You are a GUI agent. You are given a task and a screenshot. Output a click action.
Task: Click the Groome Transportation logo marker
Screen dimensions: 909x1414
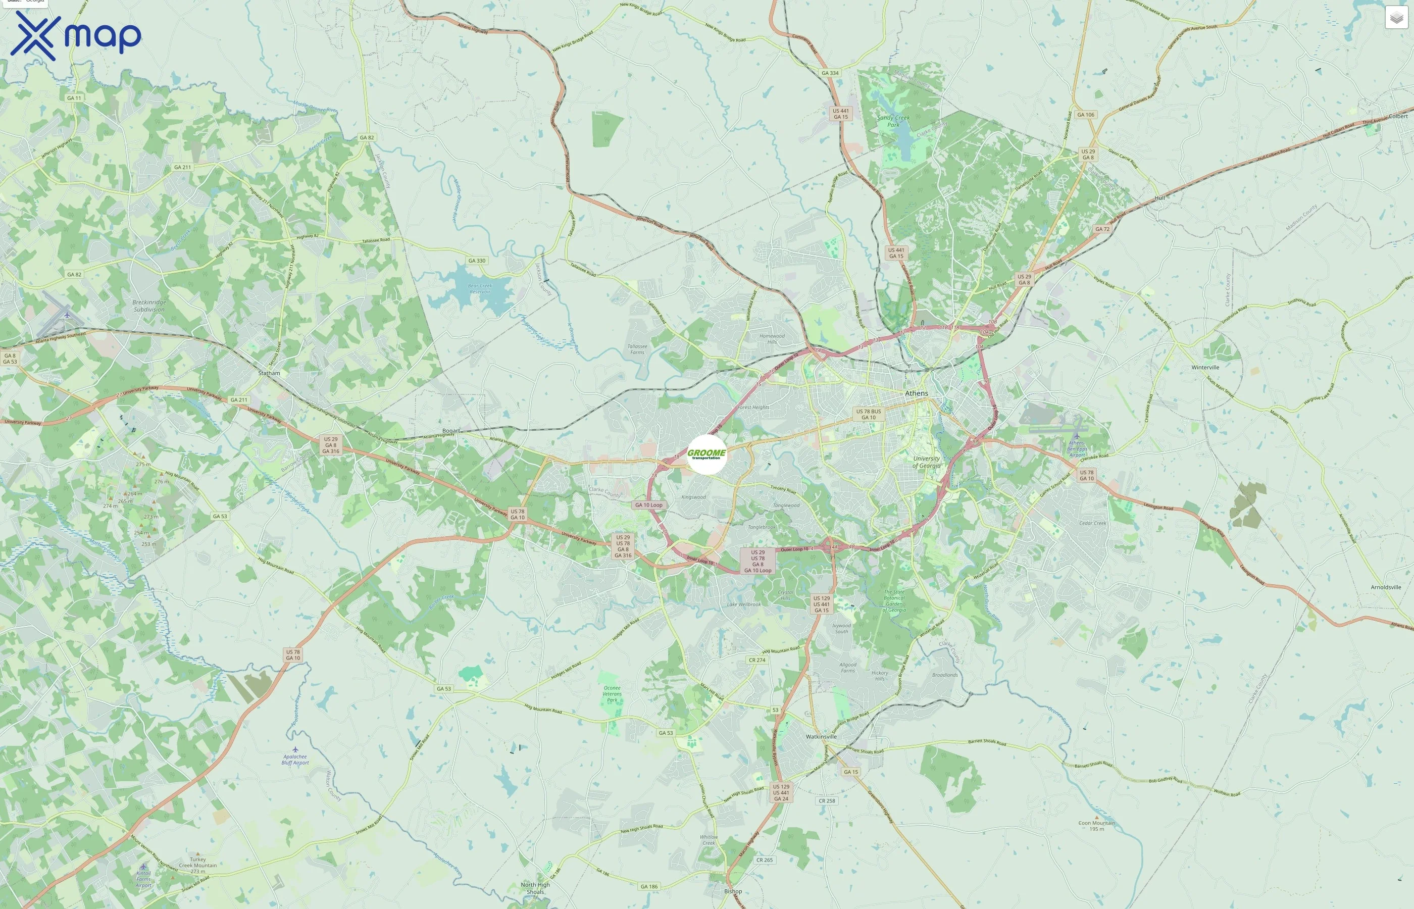pos(706,454)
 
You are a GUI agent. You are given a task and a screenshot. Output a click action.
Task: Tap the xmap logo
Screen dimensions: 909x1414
pos(76,36)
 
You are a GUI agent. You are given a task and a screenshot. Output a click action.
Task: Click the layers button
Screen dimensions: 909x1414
pos(1396,18)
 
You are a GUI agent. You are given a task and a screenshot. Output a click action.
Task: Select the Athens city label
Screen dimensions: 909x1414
pos(917,393)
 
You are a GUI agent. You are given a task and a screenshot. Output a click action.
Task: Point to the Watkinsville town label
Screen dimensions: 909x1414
pos(821,737)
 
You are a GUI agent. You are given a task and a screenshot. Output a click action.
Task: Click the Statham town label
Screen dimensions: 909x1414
pos(269,373)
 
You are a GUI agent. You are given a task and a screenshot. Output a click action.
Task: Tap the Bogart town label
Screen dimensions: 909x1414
pos(451,431)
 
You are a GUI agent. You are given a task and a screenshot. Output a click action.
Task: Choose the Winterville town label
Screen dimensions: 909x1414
pos(1205,367)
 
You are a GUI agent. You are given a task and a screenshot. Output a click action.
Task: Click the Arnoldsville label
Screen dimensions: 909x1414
pos(1386,587)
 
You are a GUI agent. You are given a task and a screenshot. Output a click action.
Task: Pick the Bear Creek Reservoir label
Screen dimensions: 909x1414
pos(480,289)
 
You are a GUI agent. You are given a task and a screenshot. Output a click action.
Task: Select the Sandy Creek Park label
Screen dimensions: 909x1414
pos(893,121)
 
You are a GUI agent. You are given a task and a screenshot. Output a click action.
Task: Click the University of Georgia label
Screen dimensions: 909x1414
pos(927,462)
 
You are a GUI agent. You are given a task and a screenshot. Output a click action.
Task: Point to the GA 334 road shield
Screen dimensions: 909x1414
pos(830,73)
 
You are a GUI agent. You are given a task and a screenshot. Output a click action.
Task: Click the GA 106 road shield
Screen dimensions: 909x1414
pos(1085,115)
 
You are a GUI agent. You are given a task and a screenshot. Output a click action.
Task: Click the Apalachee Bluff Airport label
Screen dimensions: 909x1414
pos(295,760)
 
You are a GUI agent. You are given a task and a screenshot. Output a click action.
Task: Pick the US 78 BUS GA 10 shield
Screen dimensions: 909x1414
pos(869,415)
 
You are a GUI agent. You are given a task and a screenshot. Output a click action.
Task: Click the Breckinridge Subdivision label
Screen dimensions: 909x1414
pos(149,306)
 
